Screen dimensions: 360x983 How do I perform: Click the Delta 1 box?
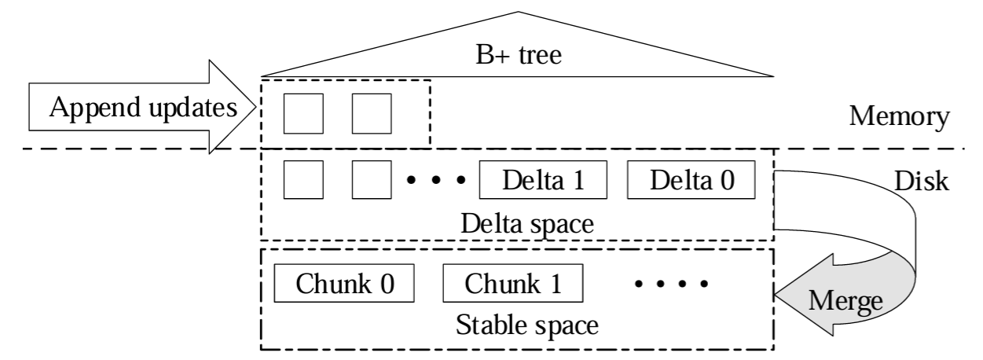point(544,182)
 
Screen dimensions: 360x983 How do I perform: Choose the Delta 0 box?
point(691,182)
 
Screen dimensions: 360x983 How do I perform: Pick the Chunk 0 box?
point(344,283)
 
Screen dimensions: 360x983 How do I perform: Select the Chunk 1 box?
point(513,283)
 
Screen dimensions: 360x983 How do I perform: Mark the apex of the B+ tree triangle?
point(517,11)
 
